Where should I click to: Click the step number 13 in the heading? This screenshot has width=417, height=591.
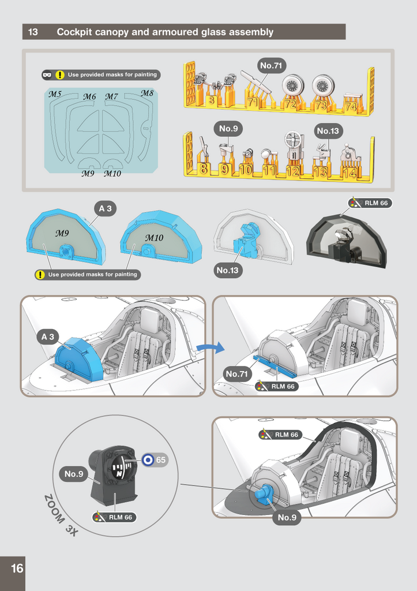[33, 32]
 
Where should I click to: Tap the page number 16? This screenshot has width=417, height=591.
[17, 568]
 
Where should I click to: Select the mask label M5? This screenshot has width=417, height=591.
[55, 94]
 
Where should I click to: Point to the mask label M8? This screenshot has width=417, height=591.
[147, 93]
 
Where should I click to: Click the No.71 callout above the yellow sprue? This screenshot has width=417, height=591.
[271, 66]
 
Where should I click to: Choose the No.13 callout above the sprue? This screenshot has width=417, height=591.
[328, 131]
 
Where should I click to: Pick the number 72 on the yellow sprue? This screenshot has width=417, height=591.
[290, 103]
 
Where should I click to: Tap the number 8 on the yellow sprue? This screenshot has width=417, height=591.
[203, 169]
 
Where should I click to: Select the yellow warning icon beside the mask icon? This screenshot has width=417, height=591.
[59, 75]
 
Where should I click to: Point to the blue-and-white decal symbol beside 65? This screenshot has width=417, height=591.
[148, 460]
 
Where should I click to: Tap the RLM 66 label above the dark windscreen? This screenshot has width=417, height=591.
[370, 203]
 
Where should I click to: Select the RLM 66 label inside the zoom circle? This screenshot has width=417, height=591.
[115, 517]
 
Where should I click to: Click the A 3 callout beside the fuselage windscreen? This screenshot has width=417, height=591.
[47, 336]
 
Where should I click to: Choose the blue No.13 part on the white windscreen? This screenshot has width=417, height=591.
[245, 240]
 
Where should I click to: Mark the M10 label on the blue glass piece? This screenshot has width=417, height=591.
[154, 238]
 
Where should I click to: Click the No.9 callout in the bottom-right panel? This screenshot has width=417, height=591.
[287, 518]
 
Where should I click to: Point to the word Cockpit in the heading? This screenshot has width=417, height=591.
[74, 32]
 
